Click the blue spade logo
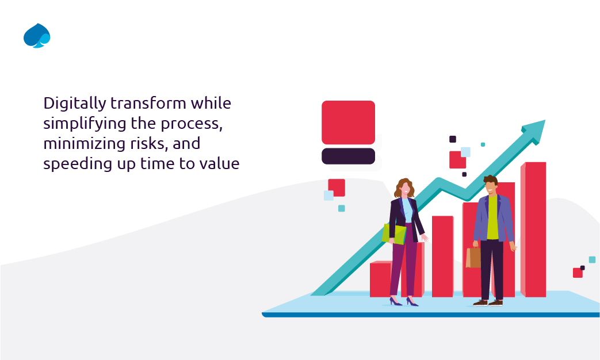[37, 36]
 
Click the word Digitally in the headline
[74, 104]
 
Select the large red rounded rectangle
[348, 122]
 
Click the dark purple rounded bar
[348, 156]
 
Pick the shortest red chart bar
[380, 279]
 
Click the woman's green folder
[394, 233]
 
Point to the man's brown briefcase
[473, 258]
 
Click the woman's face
[405, 188]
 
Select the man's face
[490, 186]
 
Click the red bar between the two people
[442, 256]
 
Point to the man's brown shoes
[488, 302]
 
